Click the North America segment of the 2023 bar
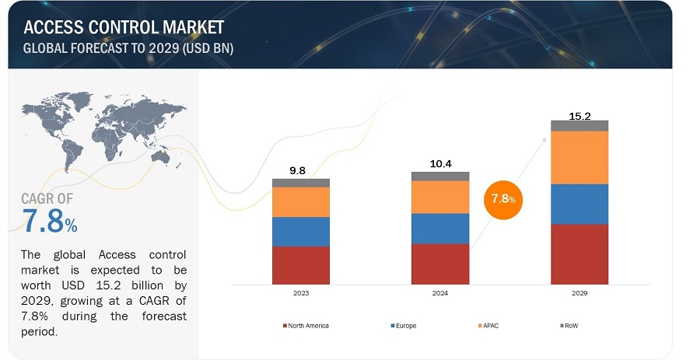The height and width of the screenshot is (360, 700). click(x=301, y=265)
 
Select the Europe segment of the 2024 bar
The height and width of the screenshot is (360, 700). click(x=440, y=228)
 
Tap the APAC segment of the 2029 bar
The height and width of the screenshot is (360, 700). click(x=579, y=157)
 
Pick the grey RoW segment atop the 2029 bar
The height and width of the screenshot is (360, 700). click(x=579, y=125)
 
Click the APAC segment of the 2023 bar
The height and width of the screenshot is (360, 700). click(x=301, y=202)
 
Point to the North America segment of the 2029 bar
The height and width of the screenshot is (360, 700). click(x=579, y=253)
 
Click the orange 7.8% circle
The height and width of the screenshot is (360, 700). click(x=502, y=201)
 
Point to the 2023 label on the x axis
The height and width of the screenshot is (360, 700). click(x=301, y=294)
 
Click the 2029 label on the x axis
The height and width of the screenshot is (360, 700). click(x=579, y=294)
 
